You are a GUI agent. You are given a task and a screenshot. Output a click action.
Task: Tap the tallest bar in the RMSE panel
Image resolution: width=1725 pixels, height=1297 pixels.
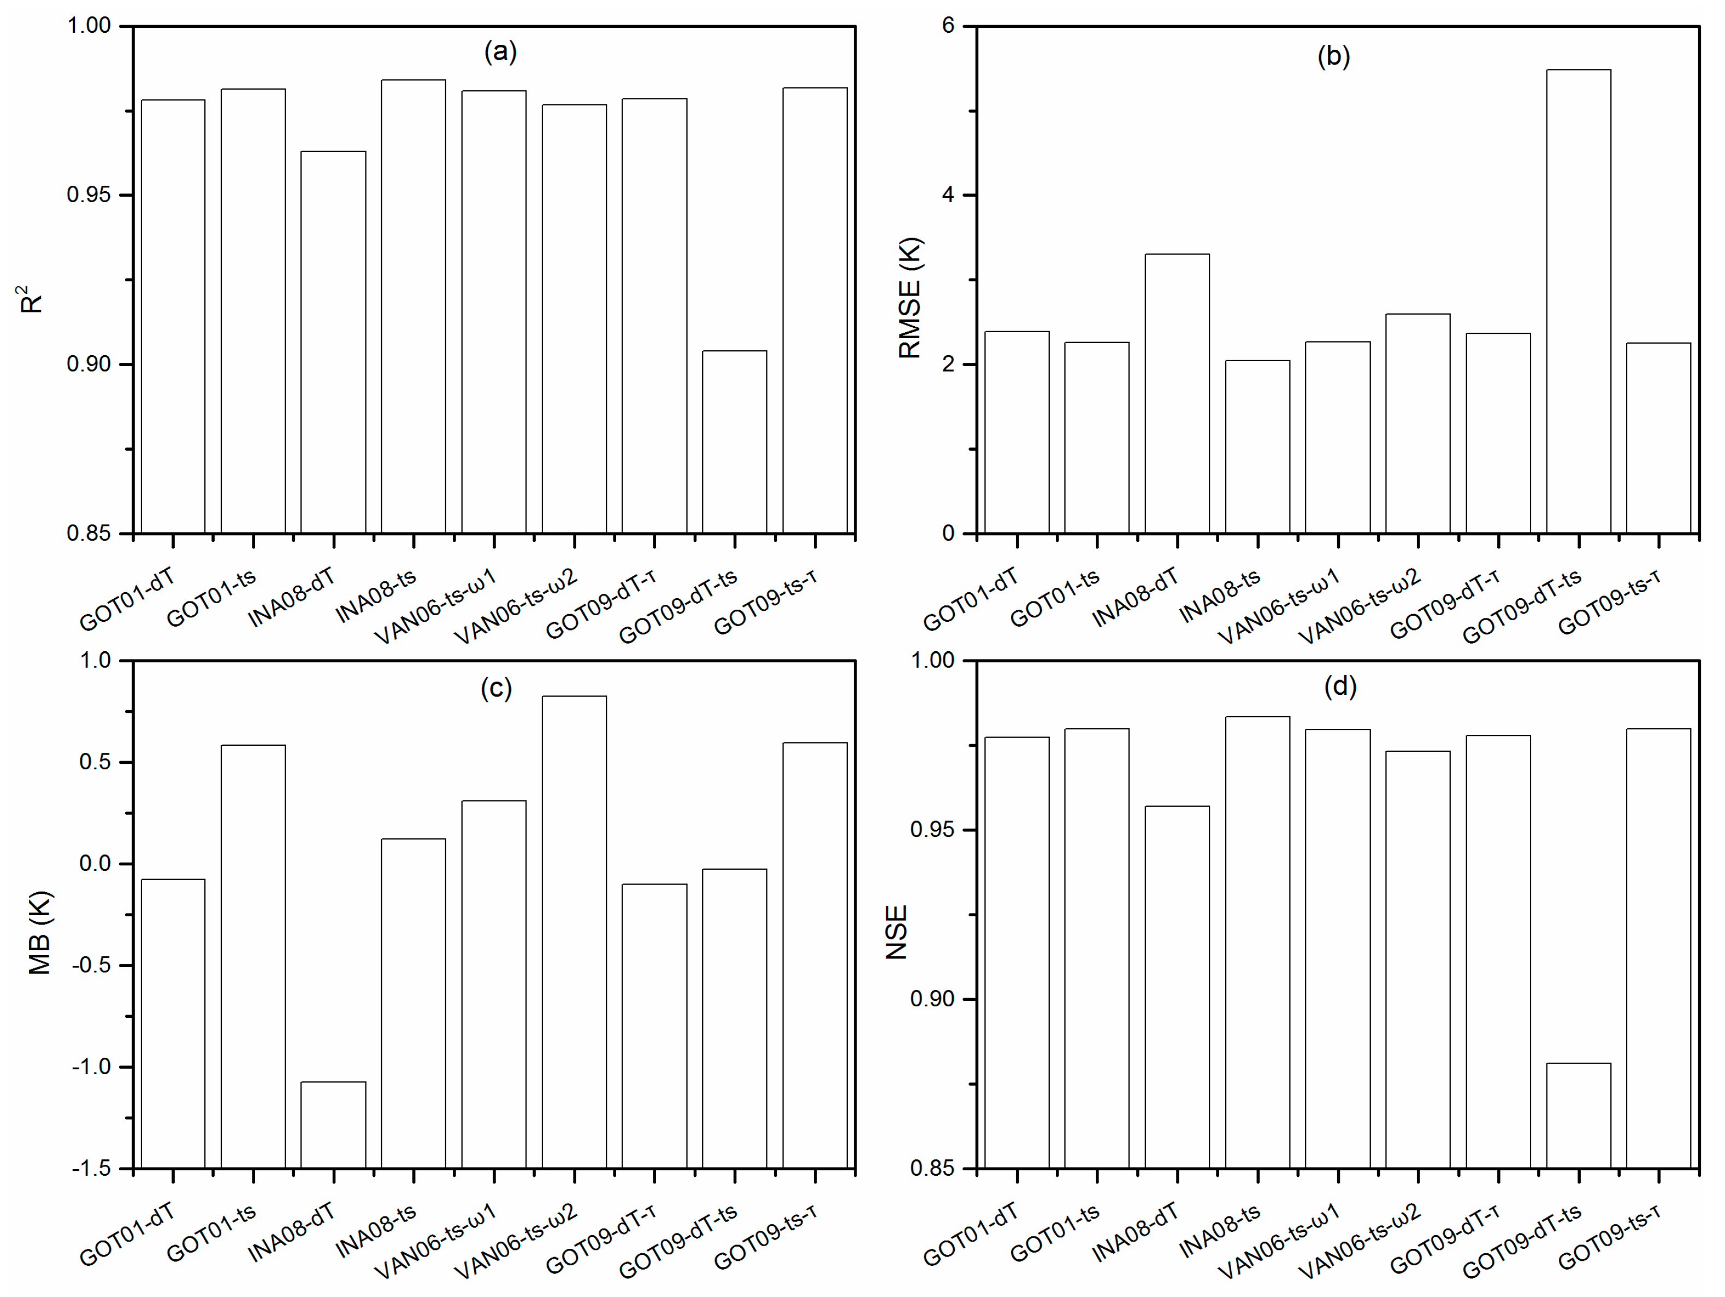[1579, 302]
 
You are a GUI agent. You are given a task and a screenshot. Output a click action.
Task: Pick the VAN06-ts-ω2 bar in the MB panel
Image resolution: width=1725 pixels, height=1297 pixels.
[574, 932]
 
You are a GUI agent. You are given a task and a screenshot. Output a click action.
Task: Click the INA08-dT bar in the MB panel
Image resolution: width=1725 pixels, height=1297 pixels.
[333, 1125]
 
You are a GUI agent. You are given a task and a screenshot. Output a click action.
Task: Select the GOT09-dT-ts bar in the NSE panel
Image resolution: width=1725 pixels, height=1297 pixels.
[1579, 1115]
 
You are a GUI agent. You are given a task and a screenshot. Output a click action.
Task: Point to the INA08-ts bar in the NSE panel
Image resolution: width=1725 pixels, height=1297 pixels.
[1257, 942]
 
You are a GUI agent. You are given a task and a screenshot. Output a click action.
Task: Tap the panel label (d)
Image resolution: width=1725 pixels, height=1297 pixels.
[1340, 686]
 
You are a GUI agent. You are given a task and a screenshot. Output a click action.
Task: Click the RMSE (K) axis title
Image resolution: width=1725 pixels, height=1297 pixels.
[910, 297]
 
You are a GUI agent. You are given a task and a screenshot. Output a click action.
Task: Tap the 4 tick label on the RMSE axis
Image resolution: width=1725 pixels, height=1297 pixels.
[948, 195]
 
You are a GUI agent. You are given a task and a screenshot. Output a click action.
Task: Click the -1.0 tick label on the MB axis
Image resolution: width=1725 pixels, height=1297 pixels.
[92, 1067]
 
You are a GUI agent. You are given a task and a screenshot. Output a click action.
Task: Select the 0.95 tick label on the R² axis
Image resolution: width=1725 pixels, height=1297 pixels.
[88, 195]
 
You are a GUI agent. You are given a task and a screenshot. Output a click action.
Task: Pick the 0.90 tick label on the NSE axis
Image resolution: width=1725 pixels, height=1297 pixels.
[932, 999]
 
